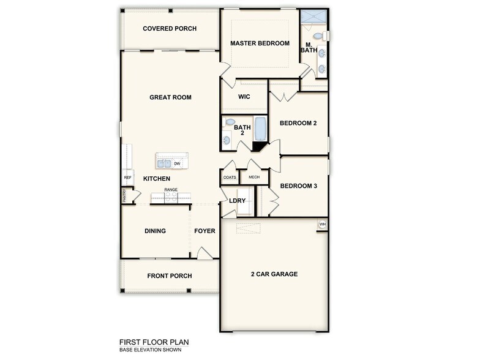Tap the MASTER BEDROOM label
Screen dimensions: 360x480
[260, 43]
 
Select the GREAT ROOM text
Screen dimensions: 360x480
[170, 97]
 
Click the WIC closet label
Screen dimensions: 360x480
[244, 97]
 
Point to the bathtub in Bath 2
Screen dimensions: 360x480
[260, 129]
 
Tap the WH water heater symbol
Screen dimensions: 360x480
[322, 225]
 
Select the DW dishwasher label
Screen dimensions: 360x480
[177, 163]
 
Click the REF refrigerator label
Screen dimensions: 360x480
[127, 178]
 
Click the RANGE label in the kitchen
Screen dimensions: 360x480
[171, 190]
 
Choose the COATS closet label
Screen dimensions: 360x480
[230, 178]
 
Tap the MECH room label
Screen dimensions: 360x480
[253, 178]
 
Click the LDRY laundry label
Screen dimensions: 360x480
[237, 201]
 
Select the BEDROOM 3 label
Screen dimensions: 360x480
[298, 186]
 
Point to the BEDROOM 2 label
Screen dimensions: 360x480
[298, 123]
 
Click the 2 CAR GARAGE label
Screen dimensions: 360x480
[274, 274]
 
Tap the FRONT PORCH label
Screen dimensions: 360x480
[169, 276]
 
